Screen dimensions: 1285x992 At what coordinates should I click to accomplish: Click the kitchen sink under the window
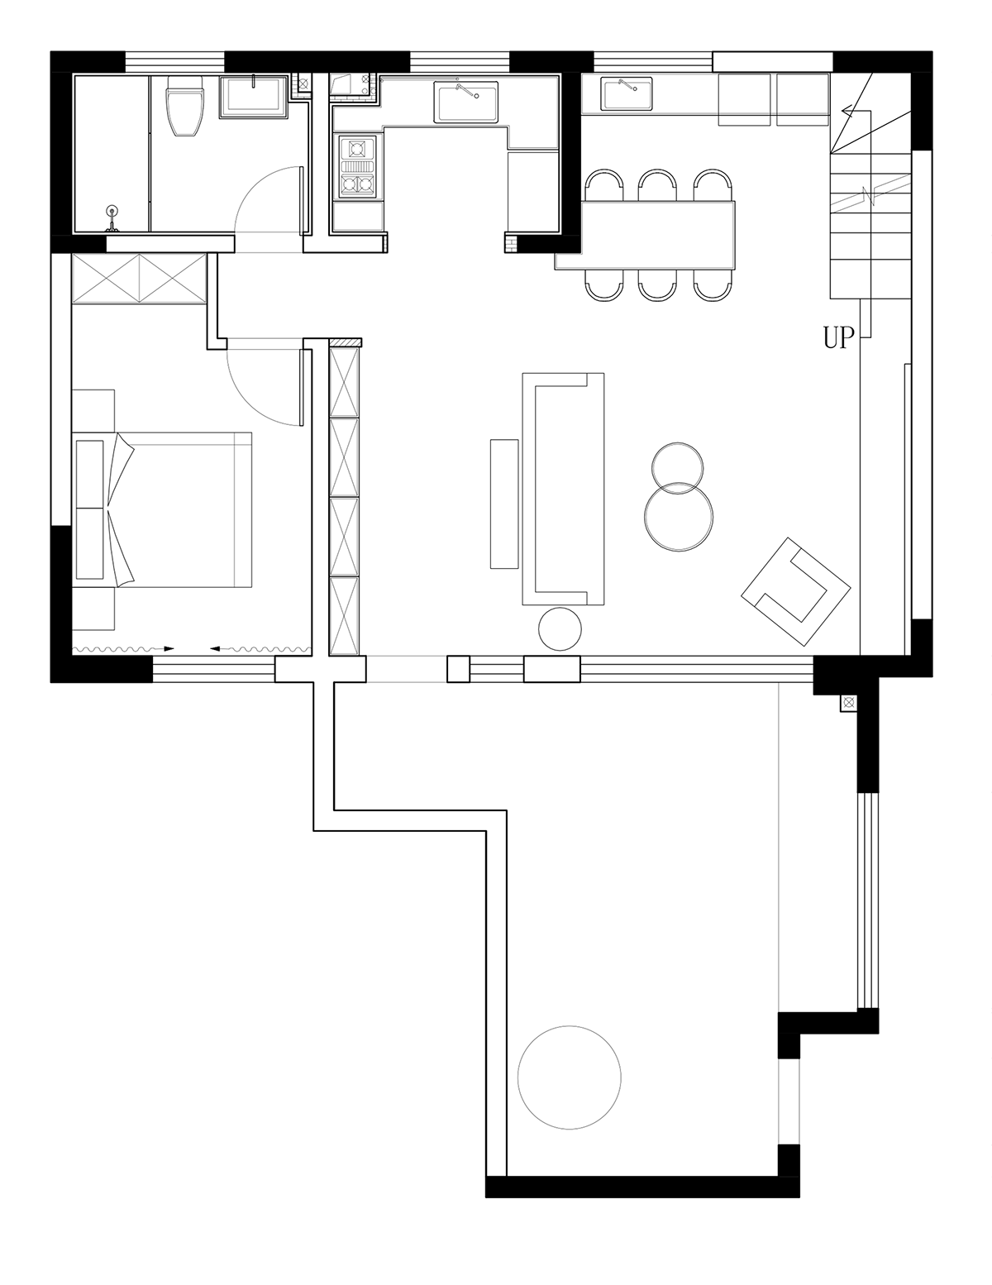466,102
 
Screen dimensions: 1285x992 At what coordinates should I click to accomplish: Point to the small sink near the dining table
627,93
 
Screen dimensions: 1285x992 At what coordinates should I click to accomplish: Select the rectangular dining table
645,235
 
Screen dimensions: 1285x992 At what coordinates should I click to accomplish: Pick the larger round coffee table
678,516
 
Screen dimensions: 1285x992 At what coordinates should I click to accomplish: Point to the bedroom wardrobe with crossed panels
139,279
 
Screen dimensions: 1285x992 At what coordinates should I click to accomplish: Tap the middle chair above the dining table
658,186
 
